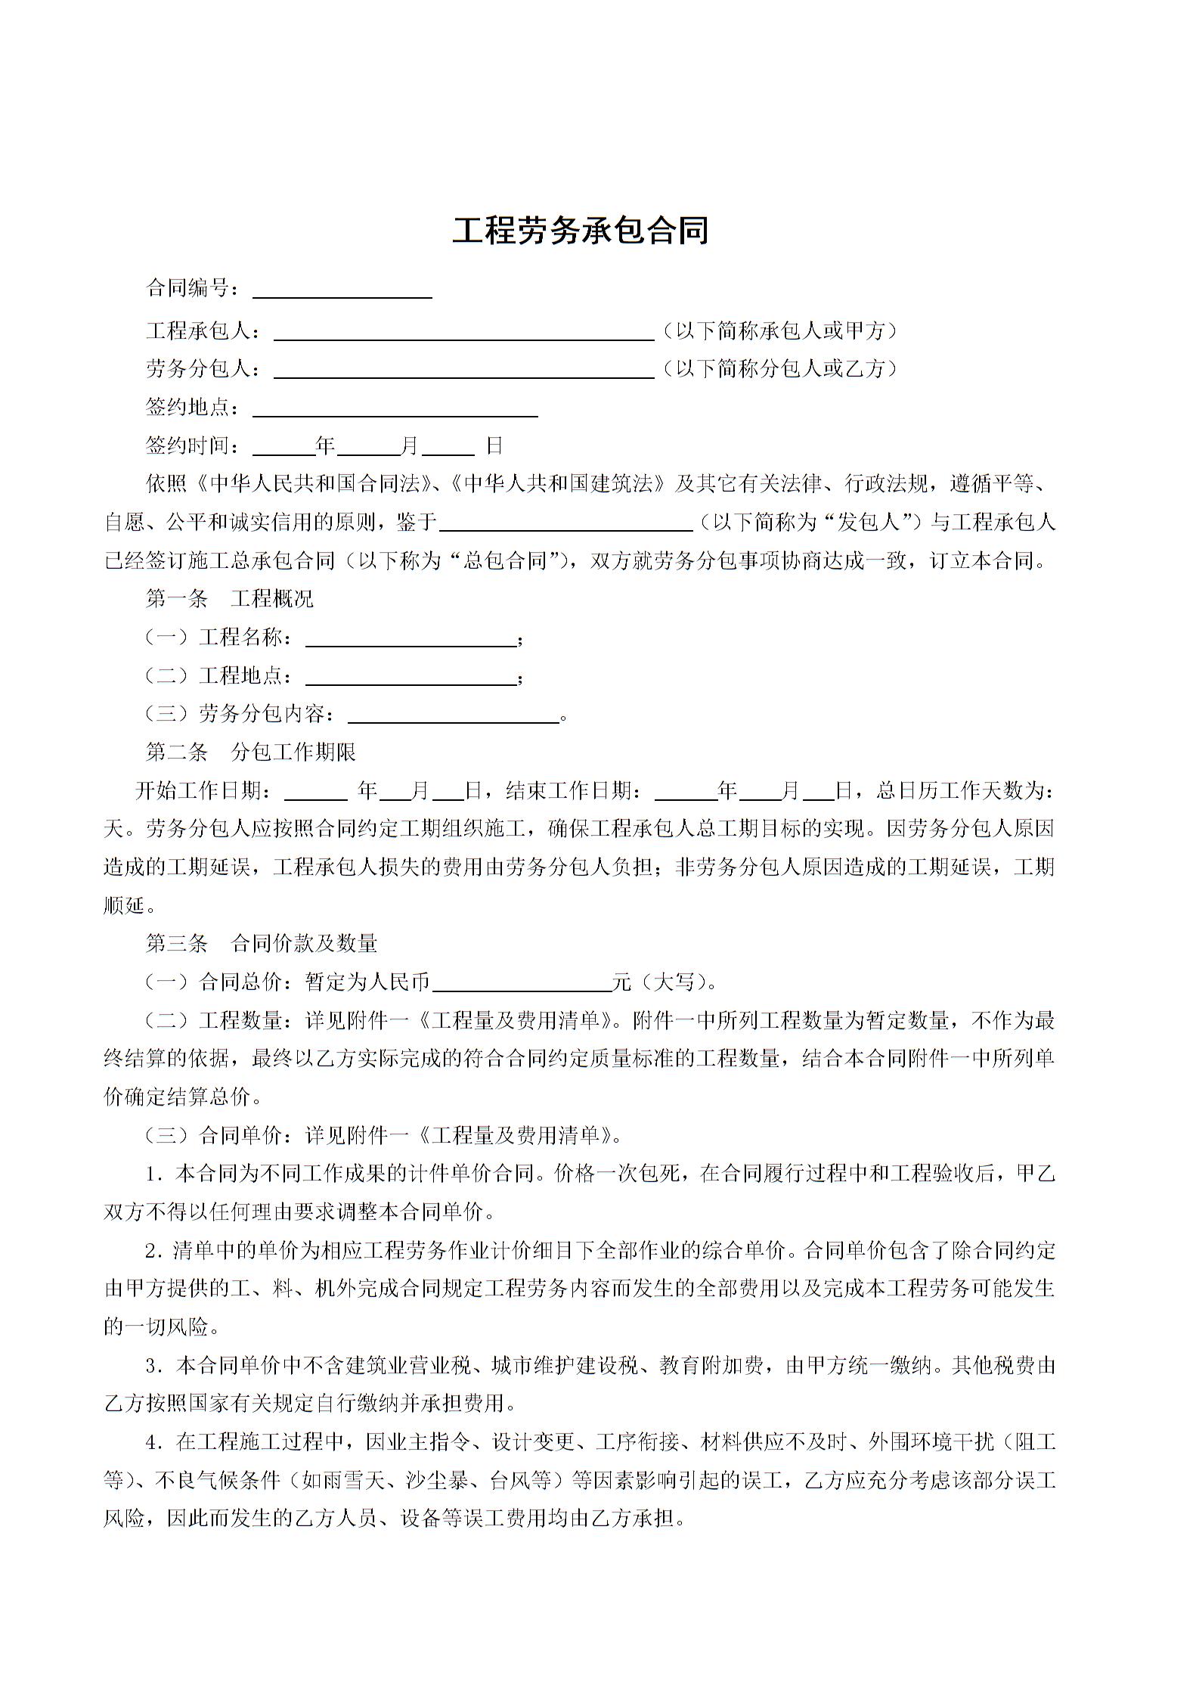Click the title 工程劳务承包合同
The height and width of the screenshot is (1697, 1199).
pyautogui.click(x=580, y=231)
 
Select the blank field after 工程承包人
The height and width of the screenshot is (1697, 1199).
pyautogui.click(x=463, y=333)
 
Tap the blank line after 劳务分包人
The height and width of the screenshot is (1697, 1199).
pyautogui.click(x=463, y=371)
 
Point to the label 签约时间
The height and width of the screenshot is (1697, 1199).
pyautogui.click(x=193, y=445)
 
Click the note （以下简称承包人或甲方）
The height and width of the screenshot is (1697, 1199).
pyautogui.click(x=779, y=330)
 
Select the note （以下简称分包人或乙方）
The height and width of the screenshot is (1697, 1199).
pyautogui.click(x=779, y=368)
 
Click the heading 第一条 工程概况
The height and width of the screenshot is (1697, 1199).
pyautogui.click(x=229, y=599)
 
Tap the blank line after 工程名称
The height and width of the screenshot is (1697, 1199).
pyautogui.click(x=411, y=640)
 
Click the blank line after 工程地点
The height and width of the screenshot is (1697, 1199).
pyautogui.click(x=411, y=678)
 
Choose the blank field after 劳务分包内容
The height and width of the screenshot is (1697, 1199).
pyautogui.click(x=453, y=716)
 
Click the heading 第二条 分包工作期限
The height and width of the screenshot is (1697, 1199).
pyautogui.click(x=250, y=752)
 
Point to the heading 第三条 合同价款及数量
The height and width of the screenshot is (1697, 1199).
pyautogui.click(x=261, y=943)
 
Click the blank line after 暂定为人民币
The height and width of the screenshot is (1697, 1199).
pyautogui.click(x=522, y=984)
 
